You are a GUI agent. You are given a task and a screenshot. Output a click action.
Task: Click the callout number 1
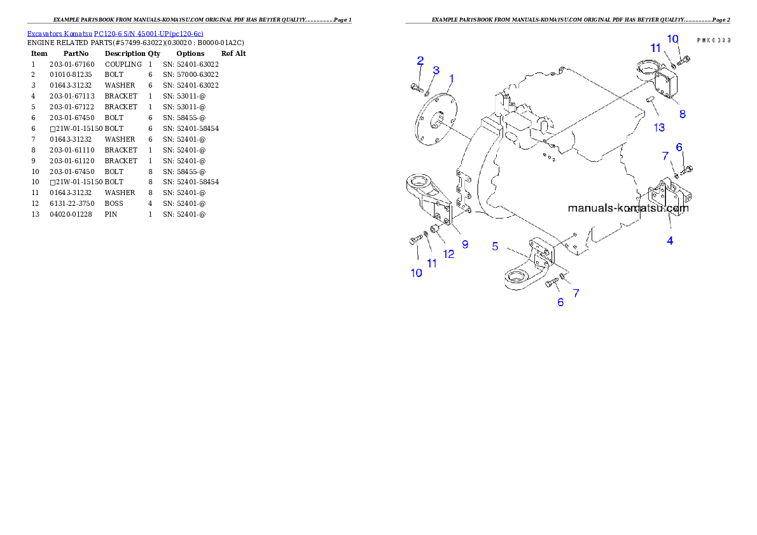click(x=451, y=79)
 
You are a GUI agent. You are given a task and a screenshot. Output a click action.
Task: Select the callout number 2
click(x=420, y=61)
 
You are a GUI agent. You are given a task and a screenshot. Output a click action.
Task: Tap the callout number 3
click(x=436, y=70)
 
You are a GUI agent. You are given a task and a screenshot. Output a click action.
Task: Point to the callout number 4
click(x=670, y=240)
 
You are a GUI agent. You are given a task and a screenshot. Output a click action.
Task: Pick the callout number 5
click(x=495, y=247)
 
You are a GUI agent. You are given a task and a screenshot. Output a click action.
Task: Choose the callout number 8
click(x=682, y=114)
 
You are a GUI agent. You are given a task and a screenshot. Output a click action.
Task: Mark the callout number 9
click(x=465, y=244)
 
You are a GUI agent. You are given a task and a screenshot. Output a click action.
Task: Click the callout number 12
click(x=449, y=254)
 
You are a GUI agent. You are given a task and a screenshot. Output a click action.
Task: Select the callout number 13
click(x=659, y=128)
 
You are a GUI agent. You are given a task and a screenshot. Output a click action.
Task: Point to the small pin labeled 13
click(x=649, y=100)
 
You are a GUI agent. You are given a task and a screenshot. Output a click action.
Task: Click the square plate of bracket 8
click(x=668, y=86)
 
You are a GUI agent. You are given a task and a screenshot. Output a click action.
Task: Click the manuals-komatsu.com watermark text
click(x=627, y=208)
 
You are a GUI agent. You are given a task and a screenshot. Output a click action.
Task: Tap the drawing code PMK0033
click(x=713, y=39)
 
